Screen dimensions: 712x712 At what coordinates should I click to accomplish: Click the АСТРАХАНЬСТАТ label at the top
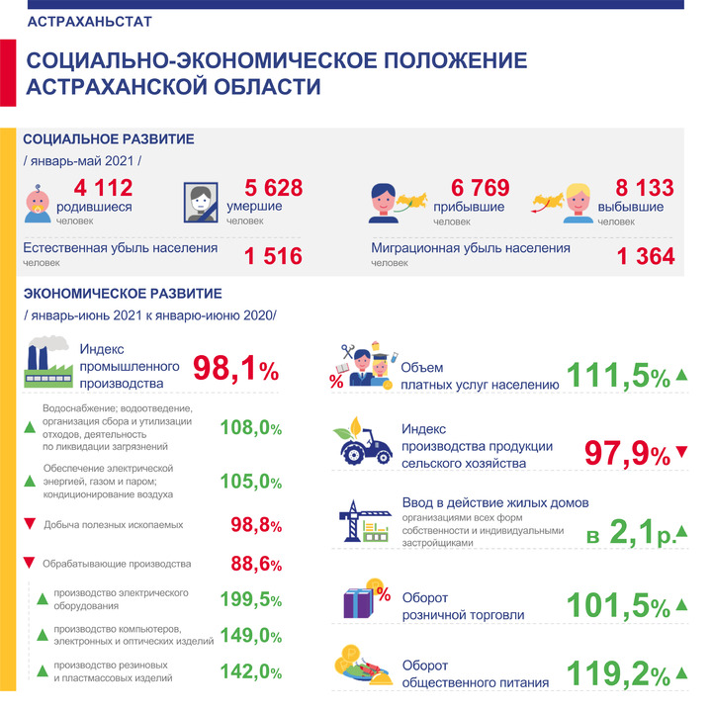click(x=89, y=22)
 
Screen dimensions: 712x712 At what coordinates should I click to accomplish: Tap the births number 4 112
click(x=104, y=188)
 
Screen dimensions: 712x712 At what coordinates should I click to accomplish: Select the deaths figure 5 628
click(x=273, y=188)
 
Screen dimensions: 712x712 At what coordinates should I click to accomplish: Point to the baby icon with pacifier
click(x=38, y=204)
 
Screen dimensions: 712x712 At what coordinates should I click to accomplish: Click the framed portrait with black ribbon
click(x=201, y=203)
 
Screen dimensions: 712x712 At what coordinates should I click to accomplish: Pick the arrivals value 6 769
click(x=480, y=188)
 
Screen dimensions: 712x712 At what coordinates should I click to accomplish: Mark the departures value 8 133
click(x=645, y=188)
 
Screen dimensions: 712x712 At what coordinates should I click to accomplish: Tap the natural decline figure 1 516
click(x=273, y=256)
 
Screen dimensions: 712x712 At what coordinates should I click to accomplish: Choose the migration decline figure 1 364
click(x=646, y=256)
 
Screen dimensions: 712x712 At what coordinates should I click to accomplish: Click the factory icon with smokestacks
click(x=48, y=362)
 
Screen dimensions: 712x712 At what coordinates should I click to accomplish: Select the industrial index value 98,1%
click(x=235, y=368)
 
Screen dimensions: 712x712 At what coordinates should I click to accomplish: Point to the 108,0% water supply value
click(x=250, y=428)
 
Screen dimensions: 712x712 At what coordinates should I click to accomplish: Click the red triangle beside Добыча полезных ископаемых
click(x=30, y=523)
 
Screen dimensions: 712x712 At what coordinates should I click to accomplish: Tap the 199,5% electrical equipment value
click(x=250, y=599)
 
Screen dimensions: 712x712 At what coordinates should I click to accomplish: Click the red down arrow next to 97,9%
click(x=681, y=452)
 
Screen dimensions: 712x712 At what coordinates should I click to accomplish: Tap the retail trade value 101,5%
click(x=618, y=606)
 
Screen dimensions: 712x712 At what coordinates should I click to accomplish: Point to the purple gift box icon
click(x=359, y=602)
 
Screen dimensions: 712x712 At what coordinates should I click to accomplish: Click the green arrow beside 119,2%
click(x=681, y=673)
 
